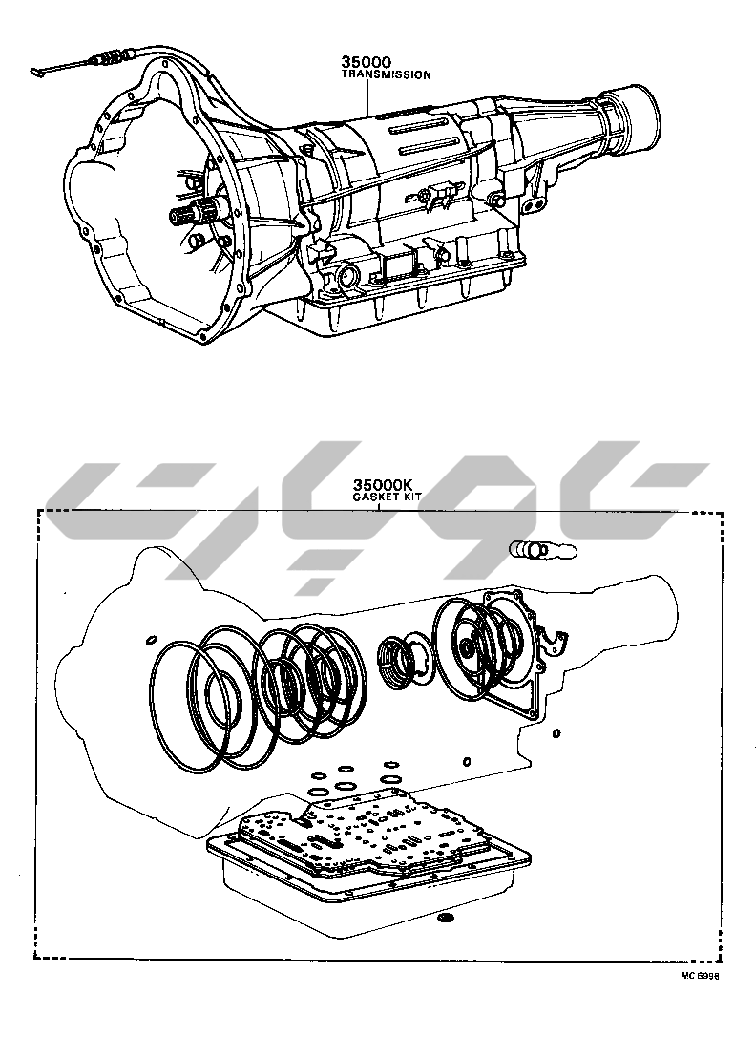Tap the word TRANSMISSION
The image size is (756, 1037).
[x=386, y=74]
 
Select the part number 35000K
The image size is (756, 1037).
[x=378, y=485]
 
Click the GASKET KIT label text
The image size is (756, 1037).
[x=380, y=497]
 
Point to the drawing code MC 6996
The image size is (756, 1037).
[x=700, y=976]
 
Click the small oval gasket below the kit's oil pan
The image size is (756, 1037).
[x=443, y=919]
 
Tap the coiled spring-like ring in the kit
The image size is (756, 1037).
[x=393, y=659]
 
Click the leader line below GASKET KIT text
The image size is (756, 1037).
[x=379, y=507]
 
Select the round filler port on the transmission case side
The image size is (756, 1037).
[x=346, y=279]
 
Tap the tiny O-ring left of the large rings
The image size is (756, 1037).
[x=151, y=638]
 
